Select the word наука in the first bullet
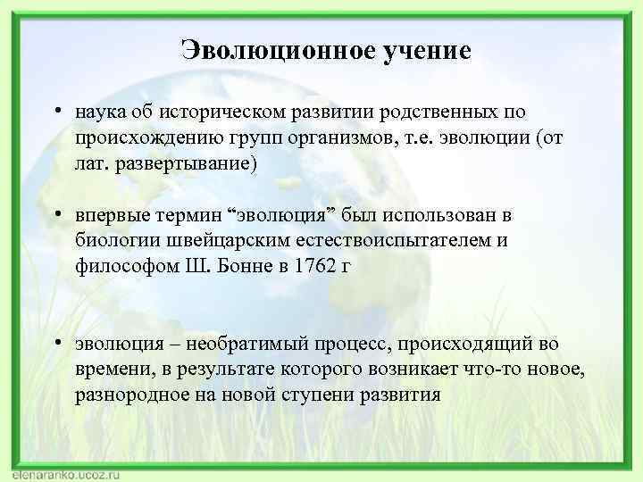[102, 113]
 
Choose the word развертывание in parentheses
[184, 163]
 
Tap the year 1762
[314, 266]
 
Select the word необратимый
[254, 345]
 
